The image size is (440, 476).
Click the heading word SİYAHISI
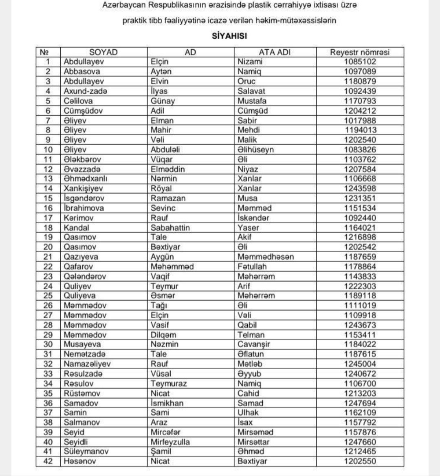point(229,36)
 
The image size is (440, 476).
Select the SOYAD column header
point(103,52)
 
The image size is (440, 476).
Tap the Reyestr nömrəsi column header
point(360,52)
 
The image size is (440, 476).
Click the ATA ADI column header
point(275,52)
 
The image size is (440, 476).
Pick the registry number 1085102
point(360,62)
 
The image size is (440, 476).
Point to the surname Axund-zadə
point(86,91)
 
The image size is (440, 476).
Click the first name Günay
point(163,101)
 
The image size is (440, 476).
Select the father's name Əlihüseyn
point(256,150)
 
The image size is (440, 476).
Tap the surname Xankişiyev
point(84,189)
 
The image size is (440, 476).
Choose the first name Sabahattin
point(170,227)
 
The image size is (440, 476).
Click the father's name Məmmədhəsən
point(266,257)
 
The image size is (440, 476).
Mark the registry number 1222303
point(360,286)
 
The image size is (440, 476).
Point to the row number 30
point(48,344)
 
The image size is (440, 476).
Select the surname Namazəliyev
point(87,364)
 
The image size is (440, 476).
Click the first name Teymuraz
point(169,383)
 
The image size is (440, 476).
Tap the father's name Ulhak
point(248,412)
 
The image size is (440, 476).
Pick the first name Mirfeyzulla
point(170,442)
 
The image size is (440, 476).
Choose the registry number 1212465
point(360,452)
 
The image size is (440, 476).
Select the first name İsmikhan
point(167,403)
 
